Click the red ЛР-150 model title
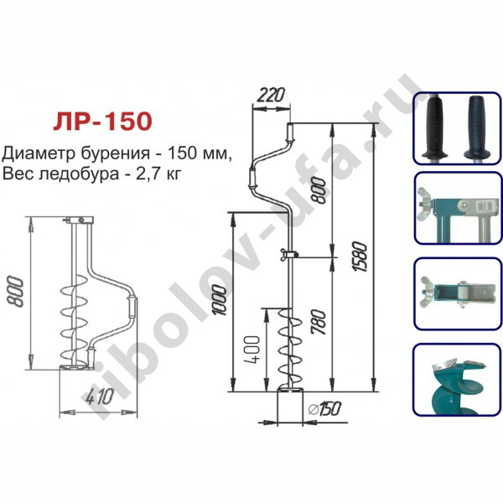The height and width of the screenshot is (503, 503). tap(102, 121)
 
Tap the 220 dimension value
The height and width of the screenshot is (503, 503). tap(271, 95)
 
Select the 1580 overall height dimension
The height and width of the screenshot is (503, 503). tap(360, 257)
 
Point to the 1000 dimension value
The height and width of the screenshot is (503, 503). tap(220, 300)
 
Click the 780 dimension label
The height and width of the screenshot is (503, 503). tap(319, 322)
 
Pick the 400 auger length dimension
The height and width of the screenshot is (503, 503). tap(251, 350)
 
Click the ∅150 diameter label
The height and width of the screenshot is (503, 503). tap(324, 408)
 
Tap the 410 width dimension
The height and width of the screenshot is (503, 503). tap(100, 397)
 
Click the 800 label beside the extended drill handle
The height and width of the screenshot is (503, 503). tap(319, 191)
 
